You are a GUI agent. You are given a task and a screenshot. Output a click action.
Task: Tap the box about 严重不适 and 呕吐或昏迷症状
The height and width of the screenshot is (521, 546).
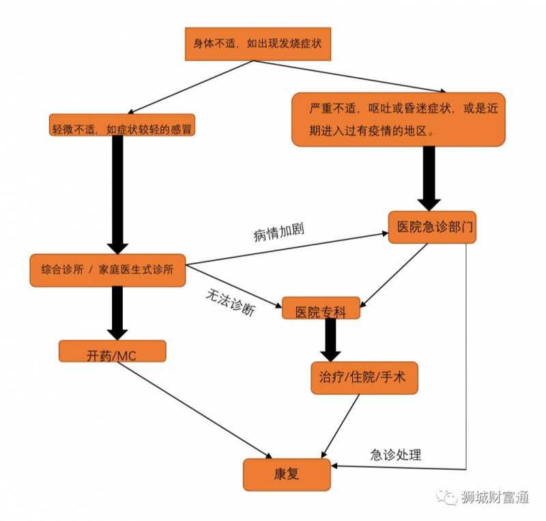[399, 119]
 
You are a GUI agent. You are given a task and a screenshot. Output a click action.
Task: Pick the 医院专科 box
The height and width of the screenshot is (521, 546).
[321, 311]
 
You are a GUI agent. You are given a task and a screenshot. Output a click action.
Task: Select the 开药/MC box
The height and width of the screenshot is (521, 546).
[113, 354]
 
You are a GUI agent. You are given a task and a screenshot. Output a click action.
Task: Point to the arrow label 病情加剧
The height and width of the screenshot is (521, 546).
[278, 232]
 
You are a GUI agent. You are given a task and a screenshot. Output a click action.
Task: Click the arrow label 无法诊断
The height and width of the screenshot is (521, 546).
[231, 302]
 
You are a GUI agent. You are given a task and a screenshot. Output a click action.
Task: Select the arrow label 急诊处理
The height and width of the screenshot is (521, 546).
[396, 455]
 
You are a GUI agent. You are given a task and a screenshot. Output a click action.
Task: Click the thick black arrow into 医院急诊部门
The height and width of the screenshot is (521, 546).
[429, 178]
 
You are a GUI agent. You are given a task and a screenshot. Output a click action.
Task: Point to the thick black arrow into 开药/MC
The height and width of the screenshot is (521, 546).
[117, 311]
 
